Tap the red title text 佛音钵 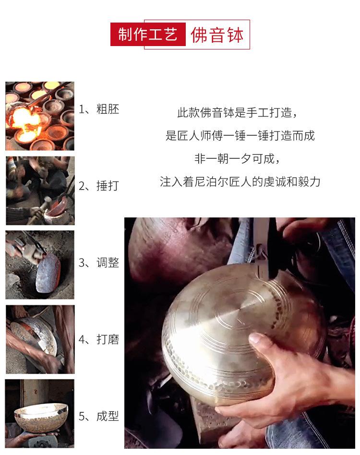tap(217, 35)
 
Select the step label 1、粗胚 tap(99, 109)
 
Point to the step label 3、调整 tap(99, 263)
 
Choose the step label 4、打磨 tap(99, 340)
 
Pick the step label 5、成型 tap(99, 416)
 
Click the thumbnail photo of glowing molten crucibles tap(40, 116)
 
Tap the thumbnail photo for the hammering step tap(40, 191)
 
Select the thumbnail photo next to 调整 tap(40, 265)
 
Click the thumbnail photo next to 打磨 tap(40, 339)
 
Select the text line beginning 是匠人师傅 tap(240, 136)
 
